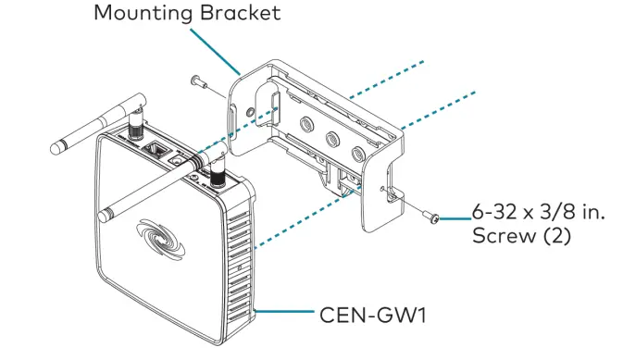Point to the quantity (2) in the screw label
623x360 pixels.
click(x=552, y=238)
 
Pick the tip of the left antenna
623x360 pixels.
click(x=57, y=146)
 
